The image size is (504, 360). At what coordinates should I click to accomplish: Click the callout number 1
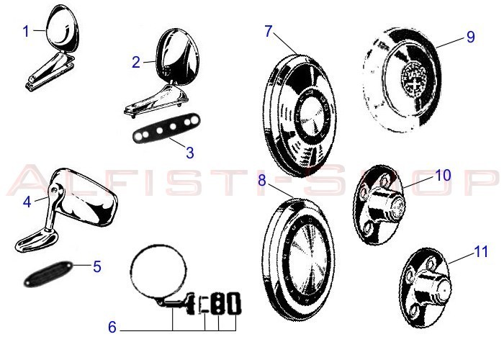point(26,32)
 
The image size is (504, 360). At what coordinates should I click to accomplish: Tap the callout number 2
point(136,62)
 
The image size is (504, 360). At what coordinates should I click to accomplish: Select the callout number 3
point(190,153)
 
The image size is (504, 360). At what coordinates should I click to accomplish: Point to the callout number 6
point(112,327)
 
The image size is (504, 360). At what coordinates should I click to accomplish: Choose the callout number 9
point(471,37)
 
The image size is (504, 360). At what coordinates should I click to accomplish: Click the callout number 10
point(443,175)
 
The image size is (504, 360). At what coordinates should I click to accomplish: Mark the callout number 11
point(481,251)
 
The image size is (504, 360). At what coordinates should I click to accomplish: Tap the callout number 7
point(269,31)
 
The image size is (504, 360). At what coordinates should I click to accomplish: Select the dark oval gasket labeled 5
point(49,273)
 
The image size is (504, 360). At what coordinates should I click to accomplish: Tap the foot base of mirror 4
point(36,240)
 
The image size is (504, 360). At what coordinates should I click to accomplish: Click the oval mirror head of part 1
point(63,28)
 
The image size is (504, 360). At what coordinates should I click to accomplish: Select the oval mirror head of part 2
point(176,57)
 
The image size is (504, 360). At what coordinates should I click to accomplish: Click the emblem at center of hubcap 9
point(415,78)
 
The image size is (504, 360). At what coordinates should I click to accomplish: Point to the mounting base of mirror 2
point(156,99)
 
